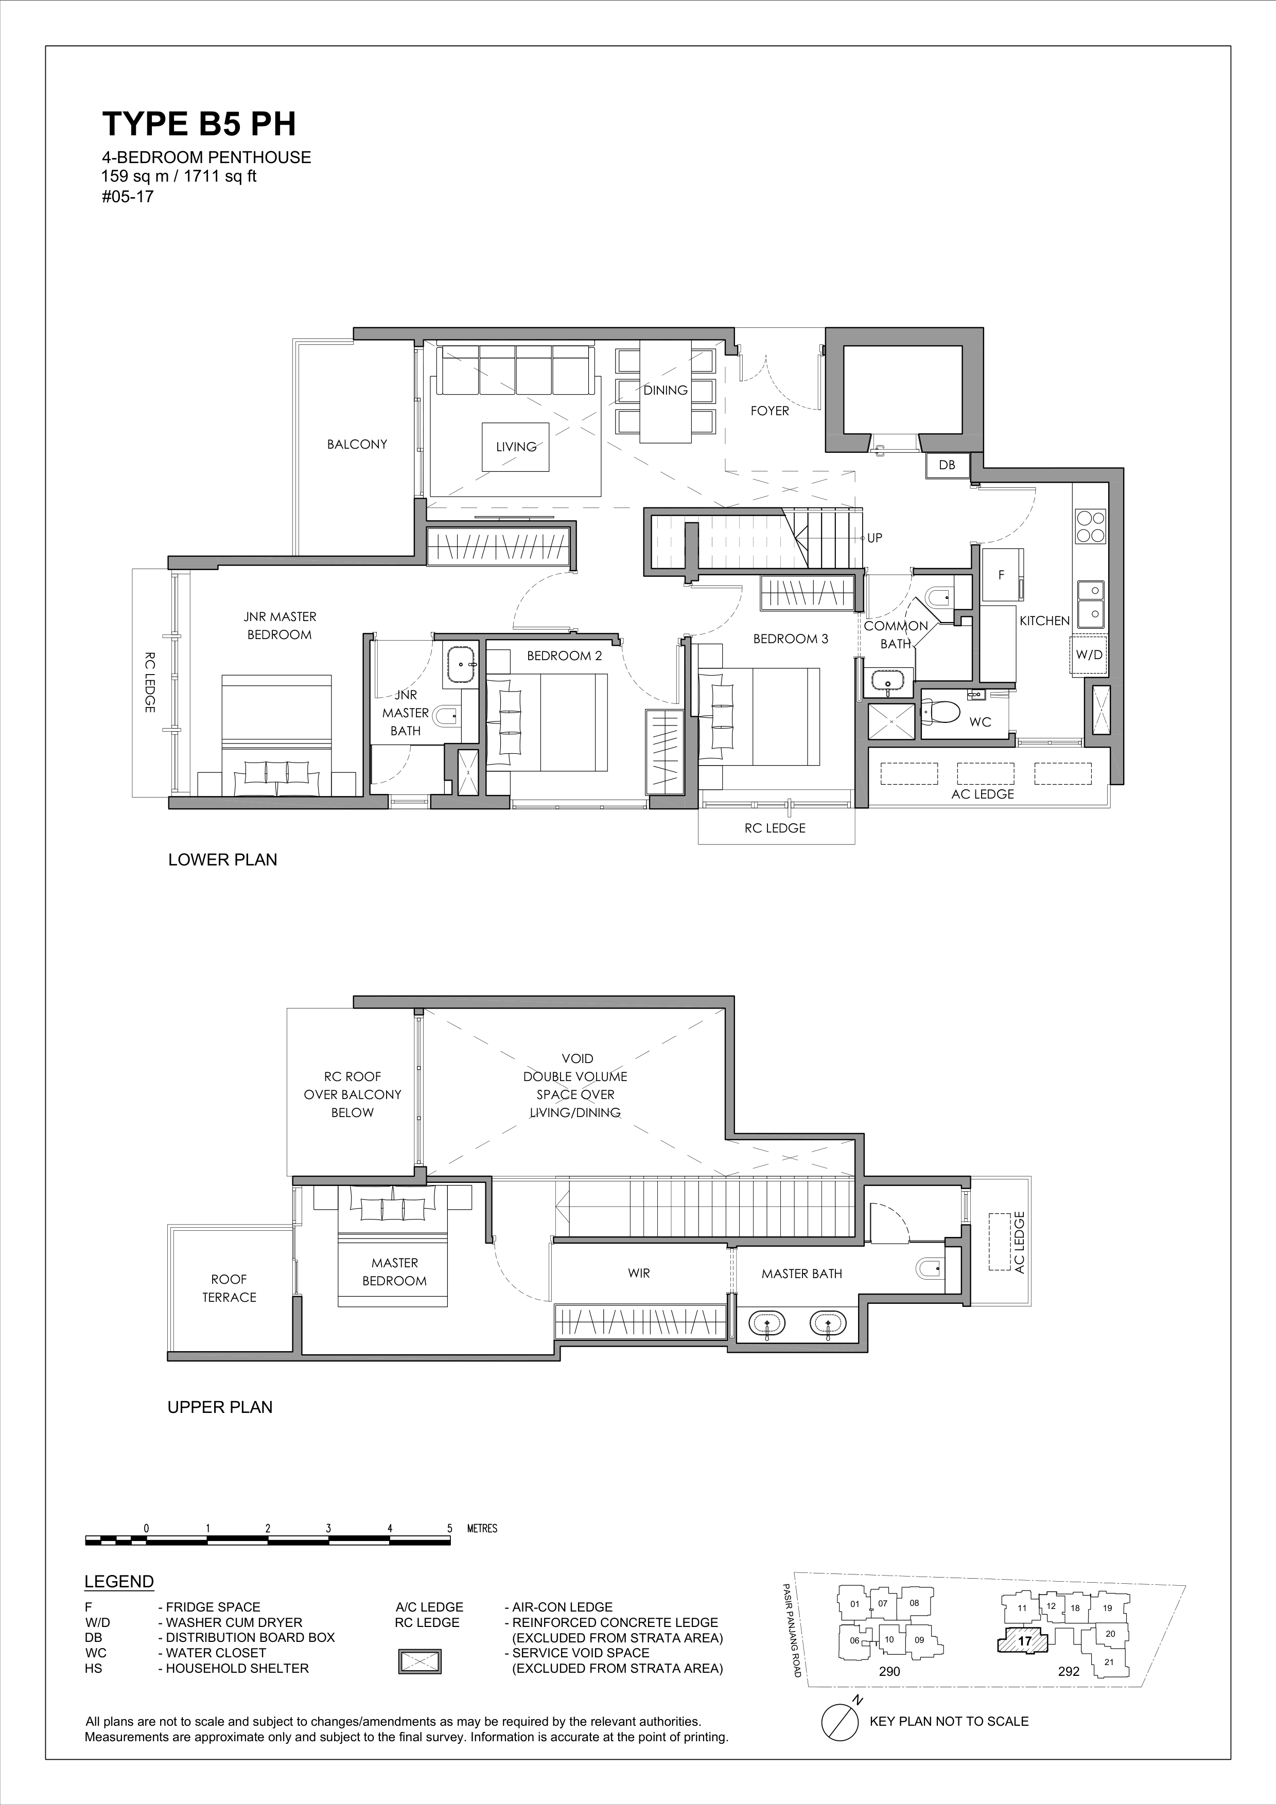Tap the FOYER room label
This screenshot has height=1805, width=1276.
tap(769, 411)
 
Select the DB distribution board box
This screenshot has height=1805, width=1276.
tap(947, 465)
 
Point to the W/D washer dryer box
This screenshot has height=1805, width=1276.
tap(1089, 654)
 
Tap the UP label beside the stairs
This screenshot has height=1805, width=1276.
tap(874, 538)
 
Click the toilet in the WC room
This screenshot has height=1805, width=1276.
tap(941, 712)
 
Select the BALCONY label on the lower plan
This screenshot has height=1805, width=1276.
tap(357, 444)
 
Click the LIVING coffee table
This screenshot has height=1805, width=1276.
tap(516, 447)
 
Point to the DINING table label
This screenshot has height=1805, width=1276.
tap(665, 390)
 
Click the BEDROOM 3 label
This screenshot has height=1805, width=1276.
tap(790, 639)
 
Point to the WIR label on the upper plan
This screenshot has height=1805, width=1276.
tap(638, 1273)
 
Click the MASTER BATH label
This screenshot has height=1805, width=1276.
tap(801, 1273)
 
